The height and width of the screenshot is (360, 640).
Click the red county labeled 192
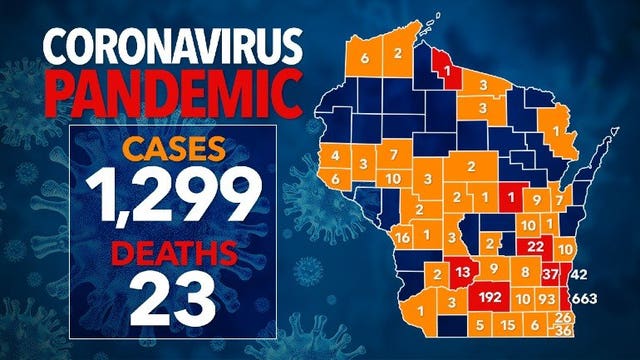point(490,297)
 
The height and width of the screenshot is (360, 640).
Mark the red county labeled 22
point(535,246)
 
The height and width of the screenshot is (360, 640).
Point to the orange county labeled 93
point(547,298)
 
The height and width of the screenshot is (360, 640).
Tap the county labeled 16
point(403,238)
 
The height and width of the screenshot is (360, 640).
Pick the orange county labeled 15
point(508,325)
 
